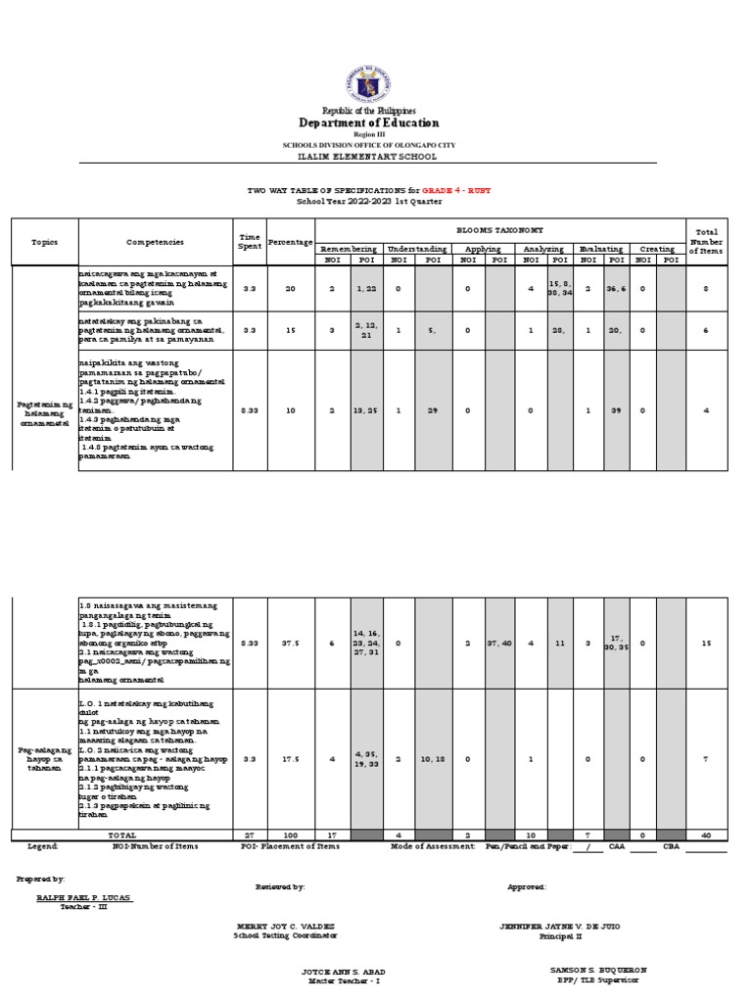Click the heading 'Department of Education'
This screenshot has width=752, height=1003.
point(368,123)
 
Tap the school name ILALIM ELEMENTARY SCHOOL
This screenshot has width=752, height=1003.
point(368,157)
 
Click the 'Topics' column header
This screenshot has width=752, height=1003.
point(45,241)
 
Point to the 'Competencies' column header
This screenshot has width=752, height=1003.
point(155,241)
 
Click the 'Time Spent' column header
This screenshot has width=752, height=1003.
point(249,241)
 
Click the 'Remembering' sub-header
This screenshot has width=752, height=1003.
point(349,249)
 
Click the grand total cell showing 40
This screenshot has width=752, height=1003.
point(705,835)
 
